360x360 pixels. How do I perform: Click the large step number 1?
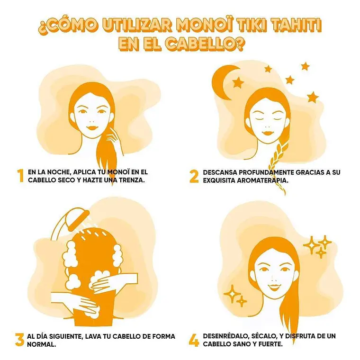click(x=21, y=176)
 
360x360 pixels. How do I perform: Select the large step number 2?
click(x=194, y=176)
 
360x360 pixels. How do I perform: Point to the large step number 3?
click(x=20, y=340)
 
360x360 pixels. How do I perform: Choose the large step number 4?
click(x=194, y=340)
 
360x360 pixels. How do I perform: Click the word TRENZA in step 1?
click(x=132, y=180)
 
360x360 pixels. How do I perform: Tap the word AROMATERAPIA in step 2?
click(x=262, y=180)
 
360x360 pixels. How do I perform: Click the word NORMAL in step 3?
click(x=41, y=344)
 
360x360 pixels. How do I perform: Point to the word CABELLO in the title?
click(x=199, y=44)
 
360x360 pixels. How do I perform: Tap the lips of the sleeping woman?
click(x=267, y=133)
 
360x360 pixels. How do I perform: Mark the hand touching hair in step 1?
click(x=114, y=141)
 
